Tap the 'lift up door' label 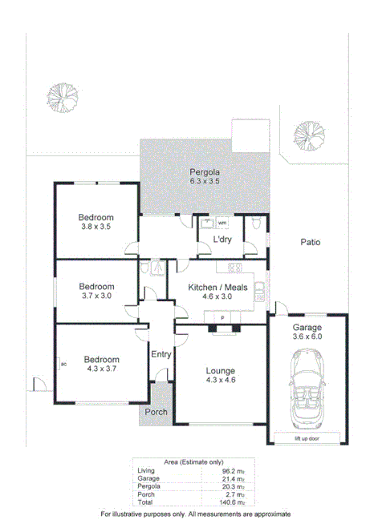pos(309,438)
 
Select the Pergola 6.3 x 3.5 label pos(204,177)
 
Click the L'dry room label pos(223,240)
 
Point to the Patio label pos(311,242)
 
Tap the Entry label pos(161,354)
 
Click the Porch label pos(156,413)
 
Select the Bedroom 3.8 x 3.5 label pos(96,222)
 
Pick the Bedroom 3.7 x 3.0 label pos(96,290)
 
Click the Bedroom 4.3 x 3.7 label pos(102,365)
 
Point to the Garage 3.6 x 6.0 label pos(307,333)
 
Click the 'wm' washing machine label pos(222,223)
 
